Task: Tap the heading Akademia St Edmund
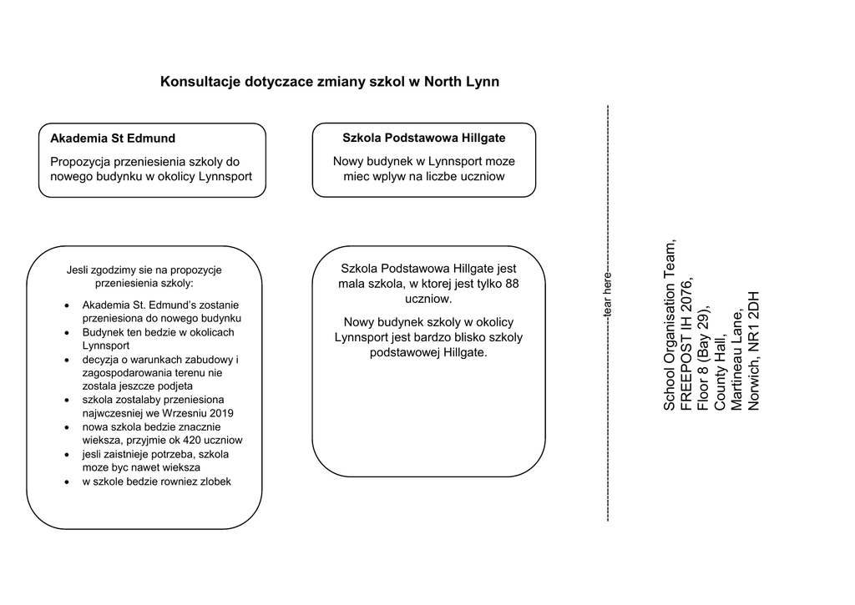point(113,139)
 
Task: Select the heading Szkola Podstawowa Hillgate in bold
point(424,138)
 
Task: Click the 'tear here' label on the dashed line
point(608,294)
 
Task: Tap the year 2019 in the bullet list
point(220,413)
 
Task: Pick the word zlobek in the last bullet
point(215,481)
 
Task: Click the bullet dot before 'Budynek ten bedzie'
point(67,333)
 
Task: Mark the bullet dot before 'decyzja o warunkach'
point(67,360)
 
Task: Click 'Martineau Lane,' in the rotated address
point(737,360)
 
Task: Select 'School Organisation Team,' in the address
point(670,325)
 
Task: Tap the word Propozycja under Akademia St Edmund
point(80,161)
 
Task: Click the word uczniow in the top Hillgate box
point(483,177)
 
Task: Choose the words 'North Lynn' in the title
point(462,82)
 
